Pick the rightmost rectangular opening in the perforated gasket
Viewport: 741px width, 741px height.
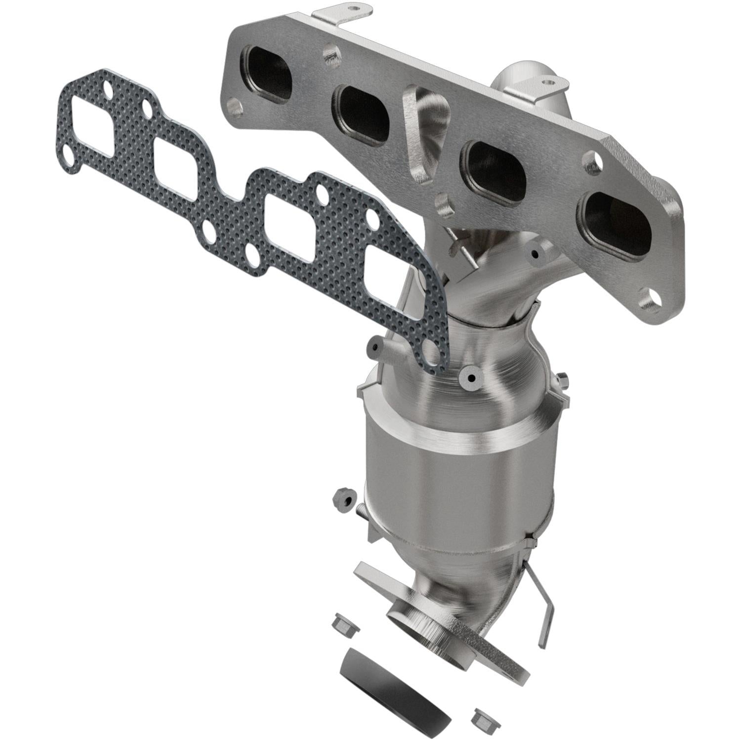tap(390, 284)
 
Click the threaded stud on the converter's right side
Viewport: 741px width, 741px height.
tap(563, 379)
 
